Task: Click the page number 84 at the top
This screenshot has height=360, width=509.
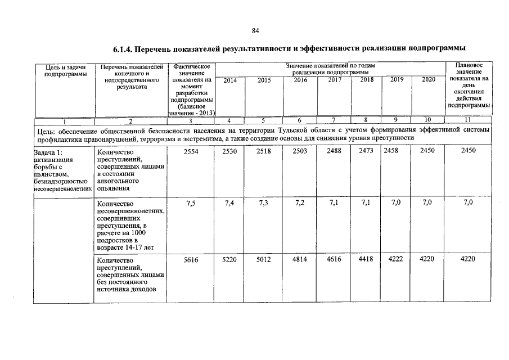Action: [x=255, y=30]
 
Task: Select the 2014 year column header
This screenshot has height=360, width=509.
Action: [x=230, y=80]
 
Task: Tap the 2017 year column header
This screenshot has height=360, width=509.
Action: [x=335, y=80]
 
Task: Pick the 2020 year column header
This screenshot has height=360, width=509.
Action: [x=429, y=80]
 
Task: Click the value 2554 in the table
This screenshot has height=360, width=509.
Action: [x=192, y=151]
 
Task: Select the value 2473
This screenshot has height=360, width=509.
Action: [x=365, y=151]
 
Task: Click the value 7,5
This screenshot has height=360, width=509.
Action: [x=191, y=204]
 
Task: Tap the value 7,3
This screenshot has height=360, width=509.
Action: [x=263, y=204]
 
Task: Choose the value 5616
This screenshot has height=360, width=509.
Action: [x=192, y=260]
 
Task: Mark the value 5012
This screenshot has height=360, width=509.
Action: [x=263, y=260]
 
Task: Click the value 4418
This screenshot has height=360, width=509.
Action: [x=365, y=260]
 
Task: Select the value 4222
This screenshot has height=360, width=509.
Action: [x=396, y=260]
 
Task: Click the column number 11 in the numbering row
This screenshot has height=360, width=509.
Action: [x=468, y=120]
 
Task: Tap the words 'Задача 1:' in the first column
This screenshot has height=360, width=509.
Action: [x=49, y=152]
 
